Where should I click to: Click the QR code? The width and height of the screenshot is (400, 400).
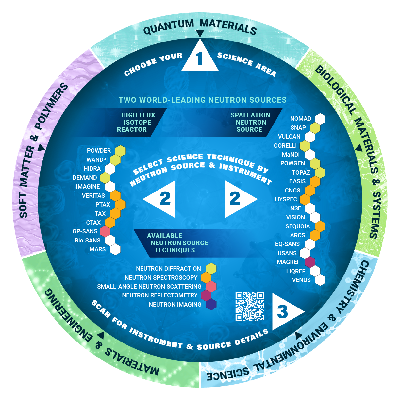(x=250, y=306)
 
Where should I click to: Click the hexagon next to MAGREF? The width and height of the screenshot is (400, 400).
(x=309, y=262)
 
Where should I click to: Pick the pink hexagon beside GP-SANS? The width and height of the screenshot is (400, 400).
(x=105, y=231)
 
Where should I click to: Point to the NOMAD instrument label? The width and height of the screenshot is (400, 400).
(x=301, y=119)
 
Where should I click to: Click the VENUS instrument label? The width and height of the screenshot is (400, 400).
(x=301, y=280)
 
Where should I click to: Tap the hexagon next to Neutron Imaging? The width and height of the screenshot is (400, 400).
(x=211, y=304)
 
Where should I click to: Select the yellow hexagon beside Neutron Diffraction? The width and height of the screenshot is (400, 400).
(x=211, y=268)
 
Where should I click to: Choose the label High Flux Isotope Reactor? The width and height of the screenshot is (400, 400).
(x=136, y=122)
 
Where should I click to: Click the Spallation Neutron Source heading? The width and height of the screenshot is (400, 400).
(x=250, y=122)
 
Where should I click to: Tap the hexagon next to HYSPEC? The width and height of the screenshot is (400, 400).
(x=305, y=199)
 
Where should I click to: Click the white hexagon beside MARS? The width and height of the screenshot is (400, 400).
(x=115, y=249)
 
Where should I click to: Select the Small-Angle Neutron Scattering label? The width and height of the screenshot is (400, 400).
(x=149, y=287)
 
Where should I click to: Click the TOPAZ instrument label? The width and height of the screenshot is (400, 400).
(x=301, y=173)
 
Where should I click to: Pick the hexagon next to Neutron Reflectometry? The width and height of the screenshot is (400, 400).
(x=206, y=295)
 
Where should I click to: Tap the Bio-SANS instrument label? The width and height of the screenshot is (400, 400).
(x=88, y=241)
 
